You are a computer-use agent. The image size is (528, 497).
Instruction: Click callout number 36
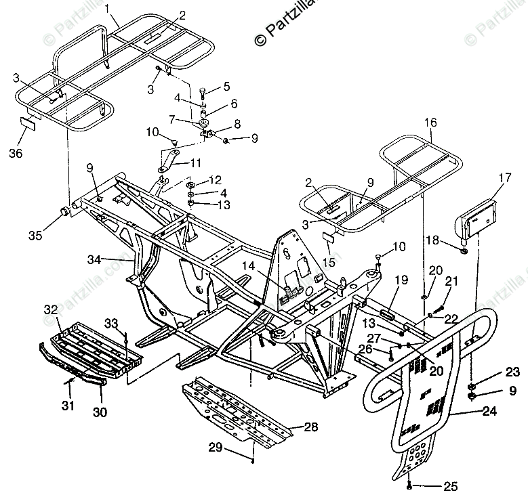[x=16, y=153]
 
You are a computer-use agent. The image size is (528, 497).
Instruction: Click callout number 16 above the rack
[x=431, y=123]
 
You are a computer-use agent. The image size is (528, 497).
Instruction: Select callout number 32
[x=50, y=309]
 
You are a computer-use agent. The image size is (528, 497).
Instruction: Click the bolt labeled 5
[x=203, y=90]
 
